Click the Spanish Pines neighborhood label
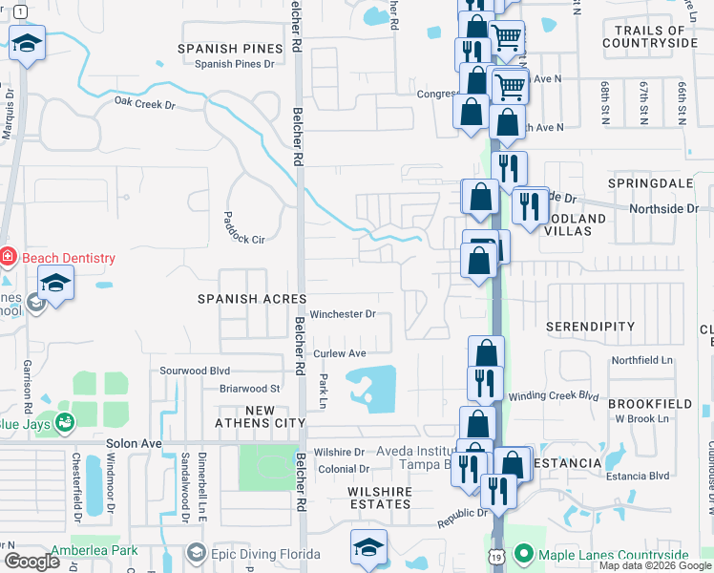(x=231, y=48)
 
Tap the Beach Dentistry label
(x=68, y=258)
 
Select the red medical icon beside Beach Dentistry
(x=8, y=257)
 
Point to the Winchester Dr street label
(x=342, y=313)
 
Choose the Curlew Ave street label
(x=341, y=353)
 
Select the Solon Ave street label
(x=137, y=444)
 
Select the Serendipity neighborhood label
(x=590, y=327)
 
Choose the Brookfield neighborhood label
(x=650, y=404)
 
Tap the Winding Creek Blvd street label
(x=553, y=395)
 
